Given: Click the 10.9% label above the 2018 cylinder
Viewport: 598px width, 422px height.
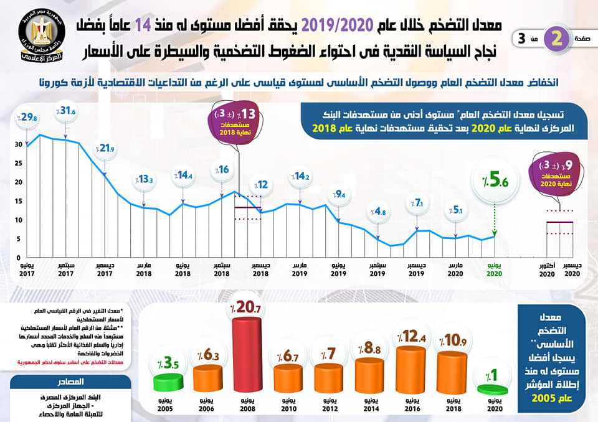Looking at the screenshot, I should point(453,340).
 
